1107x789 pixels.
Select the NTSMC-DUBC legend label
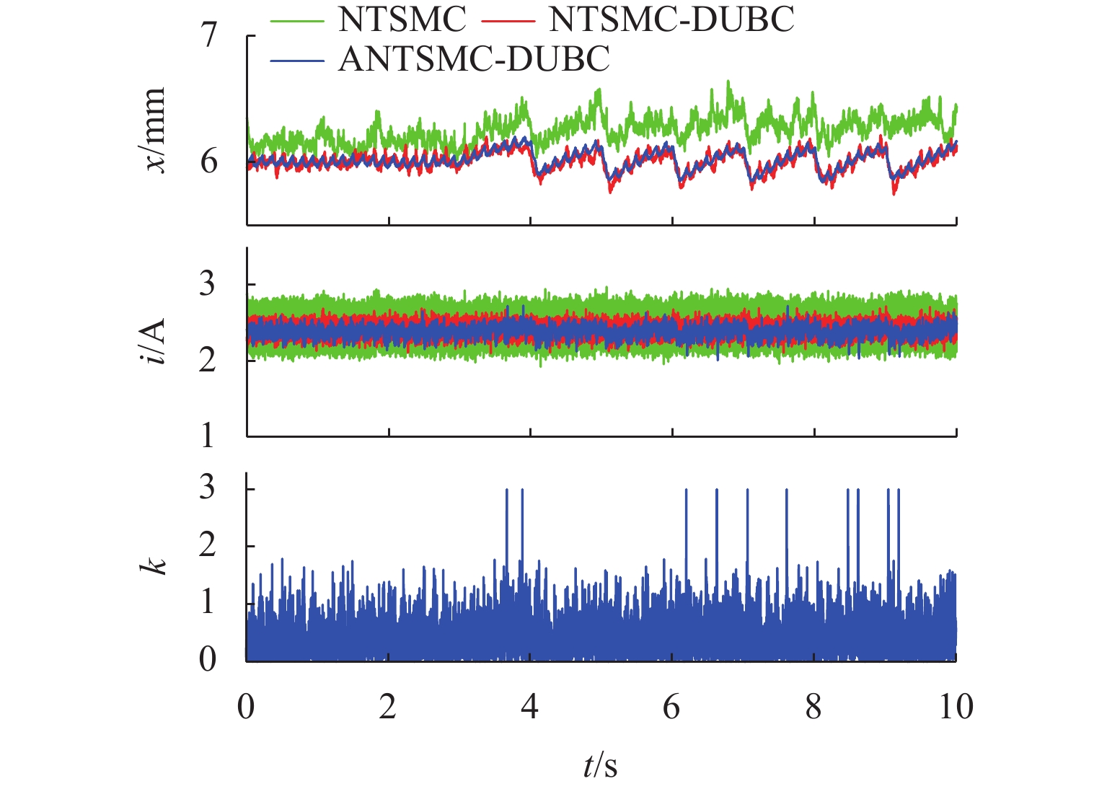tap(671, 20)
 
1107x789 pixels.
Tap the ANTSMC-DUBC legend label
tap(474, 59)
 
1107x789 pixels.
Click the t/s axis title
tap(600, 766)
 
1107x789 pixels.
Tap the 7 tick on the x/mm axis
tap(208, 35)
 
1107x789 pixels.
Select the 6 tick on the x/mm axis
tap(208, 162)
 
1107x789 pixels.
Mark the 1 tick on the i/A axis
tap(208, 436)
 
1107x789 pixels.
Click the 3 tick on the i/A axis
tap(208, 284)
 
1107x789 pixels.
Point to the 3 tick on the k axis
tap(208, 488)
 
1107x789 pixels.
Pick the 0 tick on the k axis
tap(208, 658)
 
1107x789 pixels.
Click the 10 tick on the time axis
tap(956, 707)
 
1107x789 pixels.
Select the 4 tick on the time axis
tap(530, 707)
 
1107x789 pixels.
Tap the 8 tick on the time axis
tap(813, 707)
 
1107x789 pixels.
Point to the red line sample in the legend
tap(509, 22)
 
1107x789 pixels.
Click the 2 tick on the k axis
tap(208, 545)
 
